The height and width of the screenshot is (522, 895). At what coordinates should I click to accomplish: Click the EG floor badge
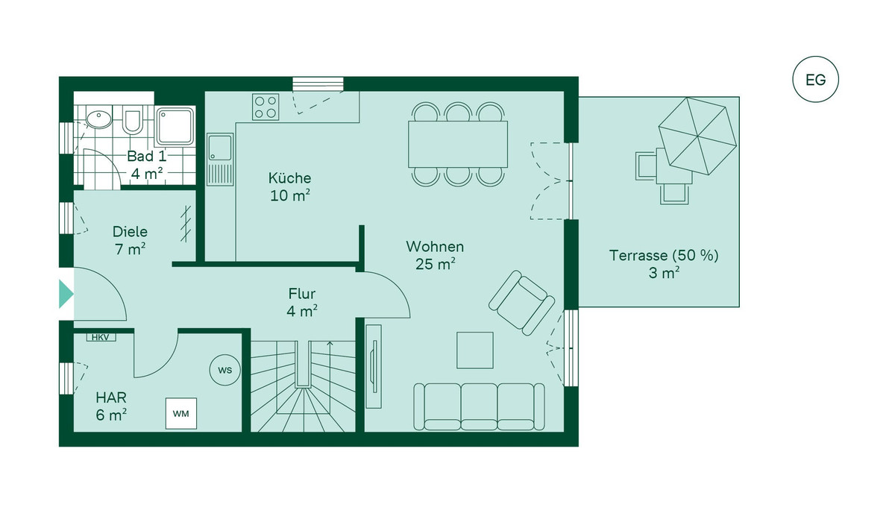click(x=815, y=80)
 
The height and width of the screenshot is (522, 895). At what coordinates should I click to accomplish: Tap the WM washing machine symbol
click(x=181, y=413)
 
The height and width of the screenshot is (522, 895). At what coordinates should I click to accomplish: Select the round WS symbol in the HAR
click(x=225, y=370)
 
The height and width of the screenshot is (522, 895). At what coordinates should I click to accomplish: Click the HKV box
click(x=101, y=338)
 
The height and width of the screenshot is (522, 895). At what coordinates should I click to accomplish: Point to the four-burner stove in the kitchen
click(x=266, y=107)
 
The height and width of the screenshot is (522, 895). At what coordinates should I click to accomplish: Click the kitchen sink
click(x=220, y=160)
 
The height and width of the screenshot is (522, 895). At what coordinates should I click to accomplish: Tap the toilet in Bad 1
click(x=132, y=119)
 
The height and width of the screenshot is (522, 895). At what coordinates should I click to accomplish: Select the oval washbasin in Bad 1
click(x=98, y=119)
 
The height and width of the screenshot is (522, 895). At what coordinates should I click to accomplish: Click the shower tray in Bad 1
click(x=175, y=126)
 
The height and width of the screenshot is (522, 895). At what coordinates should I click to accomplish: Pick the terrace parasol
click(x=697, y=136)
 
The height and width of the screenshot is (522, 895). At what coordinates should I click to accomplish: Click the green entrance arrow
click(x=66, y=294)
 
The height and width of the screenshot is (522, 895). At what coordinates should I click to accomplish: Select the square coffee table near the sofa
click(x=475, y=350)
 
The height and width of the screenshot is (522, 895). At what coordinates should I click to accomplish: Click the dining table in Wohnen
click(x=458, y=144)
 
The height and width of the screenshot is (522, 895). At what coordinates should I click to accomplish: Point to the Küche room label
click(x=289, y=177)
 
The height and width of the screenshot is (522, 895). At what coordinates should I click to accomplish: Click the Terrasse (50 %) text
click(x=664, y=255)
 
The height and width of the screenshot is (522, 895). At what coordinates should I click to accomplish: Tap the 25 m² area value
click(x=436, y=264)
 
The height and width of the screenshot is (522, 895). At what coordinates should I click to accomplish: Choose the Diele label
click(x=130, y=232)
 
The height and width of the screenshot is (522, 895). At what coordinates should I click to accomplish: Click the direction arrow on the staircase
click(x=330, y=364)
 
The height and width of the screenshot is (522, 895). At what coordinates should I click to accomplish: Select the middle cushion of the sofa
click(x=479, y=406)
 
